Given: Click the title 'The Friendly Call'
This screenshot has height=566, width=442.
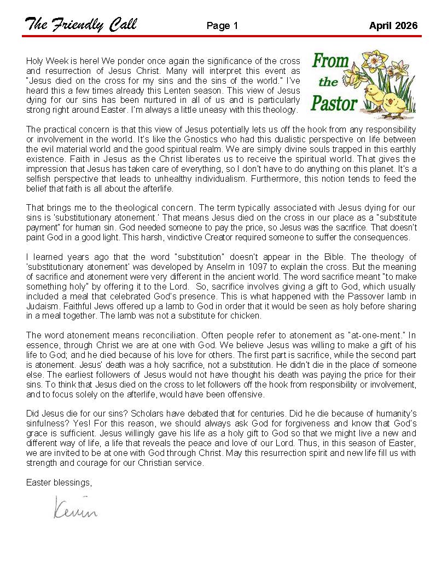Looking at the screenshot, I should [80, 25].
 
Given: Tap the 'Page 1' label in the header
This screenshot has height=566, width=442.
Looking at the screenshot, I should [223, 26].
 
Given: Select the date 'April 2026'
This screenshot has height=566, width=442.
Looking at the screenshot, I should [393, 26].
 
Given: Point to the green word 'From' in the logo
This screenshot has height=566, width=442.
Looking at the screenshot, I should [330, 61].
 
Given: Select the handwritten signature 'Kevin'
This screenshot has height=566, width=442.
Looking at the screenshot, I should [75, 509].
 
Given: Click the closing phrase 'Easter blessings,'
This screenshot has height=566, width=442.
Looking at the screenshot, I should [59, 482].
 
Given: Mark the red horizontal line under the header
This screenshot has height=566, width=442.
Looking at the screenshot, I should [221, 36].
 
